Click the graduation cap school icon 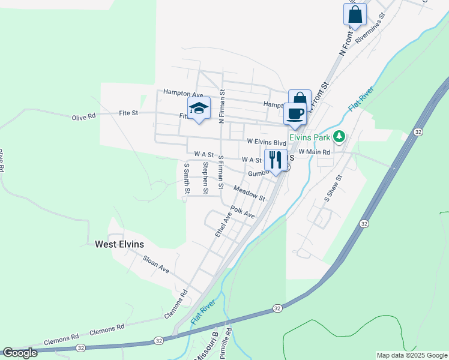198,109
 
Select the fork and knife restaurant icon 275,160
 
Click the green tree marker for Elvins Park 339,137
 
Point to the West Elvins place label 119,244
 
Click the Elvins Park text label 310,137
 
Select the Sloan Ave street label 156,264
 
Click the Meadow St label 249,193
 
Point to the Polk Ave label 243,213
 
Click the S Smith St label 187,178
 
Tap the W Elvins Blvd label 267,143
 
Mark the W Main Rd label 314,152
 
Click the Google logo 20,353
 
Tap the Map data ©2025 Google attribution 411,355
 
